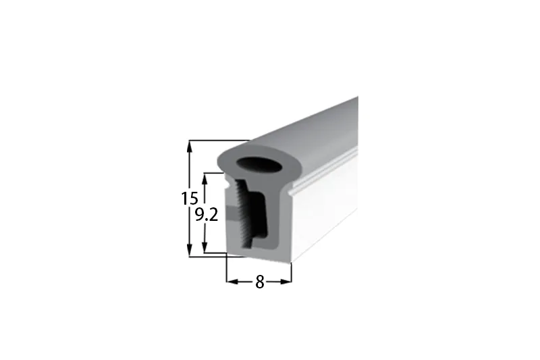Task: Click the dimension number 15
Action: (190, 199)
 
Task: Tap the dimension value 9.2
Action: (207, 215)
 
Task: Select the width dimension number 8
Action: (260, 282)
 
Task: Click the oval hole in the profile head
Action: (260, 165)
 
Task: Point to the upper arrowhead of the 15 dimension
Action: (189, 147)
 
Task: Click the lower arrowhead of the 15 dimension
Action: (189, 250)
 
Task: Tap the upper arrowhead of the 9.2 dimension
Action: (205, 179)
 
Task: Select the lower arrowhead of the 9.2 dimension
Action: (205, 247)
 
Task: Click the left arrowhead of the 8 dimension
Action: (233, 282)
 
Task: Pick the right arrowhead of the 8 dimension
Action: (286, 282)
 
